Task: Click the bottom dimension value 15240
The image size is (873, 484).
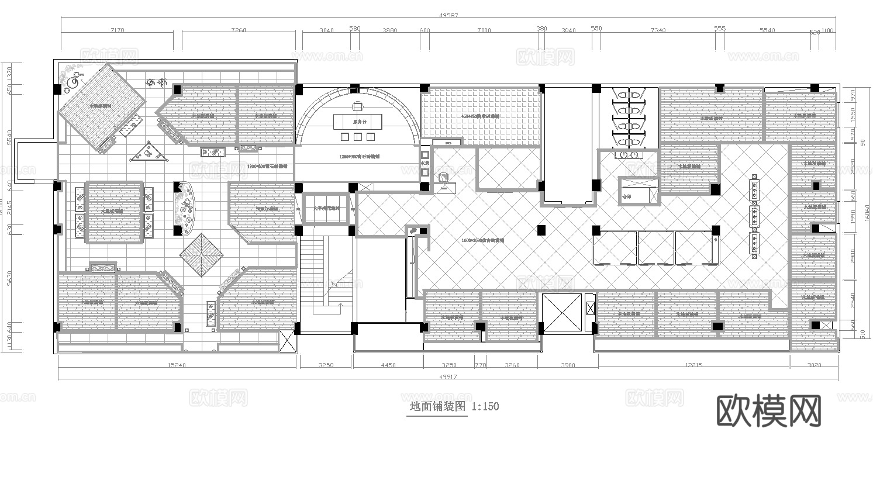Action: point(177,365)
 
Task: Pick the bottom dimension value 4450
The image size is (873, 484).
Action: point(388,365)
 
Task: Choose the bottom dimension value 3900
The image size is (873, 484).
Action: point(568,365)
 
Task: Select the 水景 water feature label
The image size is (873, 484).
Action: point(425,163)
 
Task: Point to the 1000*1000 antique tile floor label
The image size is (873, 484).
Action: point(482,240)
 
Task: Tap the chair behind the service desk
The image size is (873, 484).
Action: point(358,106)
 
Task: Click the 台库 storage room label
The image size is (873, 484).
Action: point(627,197)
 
